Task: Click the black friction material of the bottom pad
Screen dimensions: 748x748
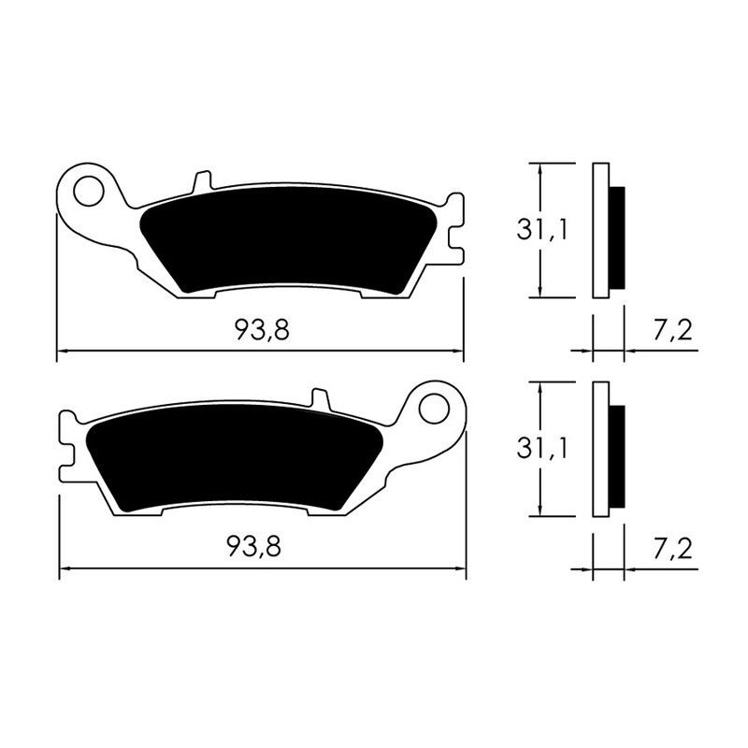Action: point(234,458)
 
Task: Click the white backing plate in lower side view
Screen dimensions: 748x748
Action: point(600,449)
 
